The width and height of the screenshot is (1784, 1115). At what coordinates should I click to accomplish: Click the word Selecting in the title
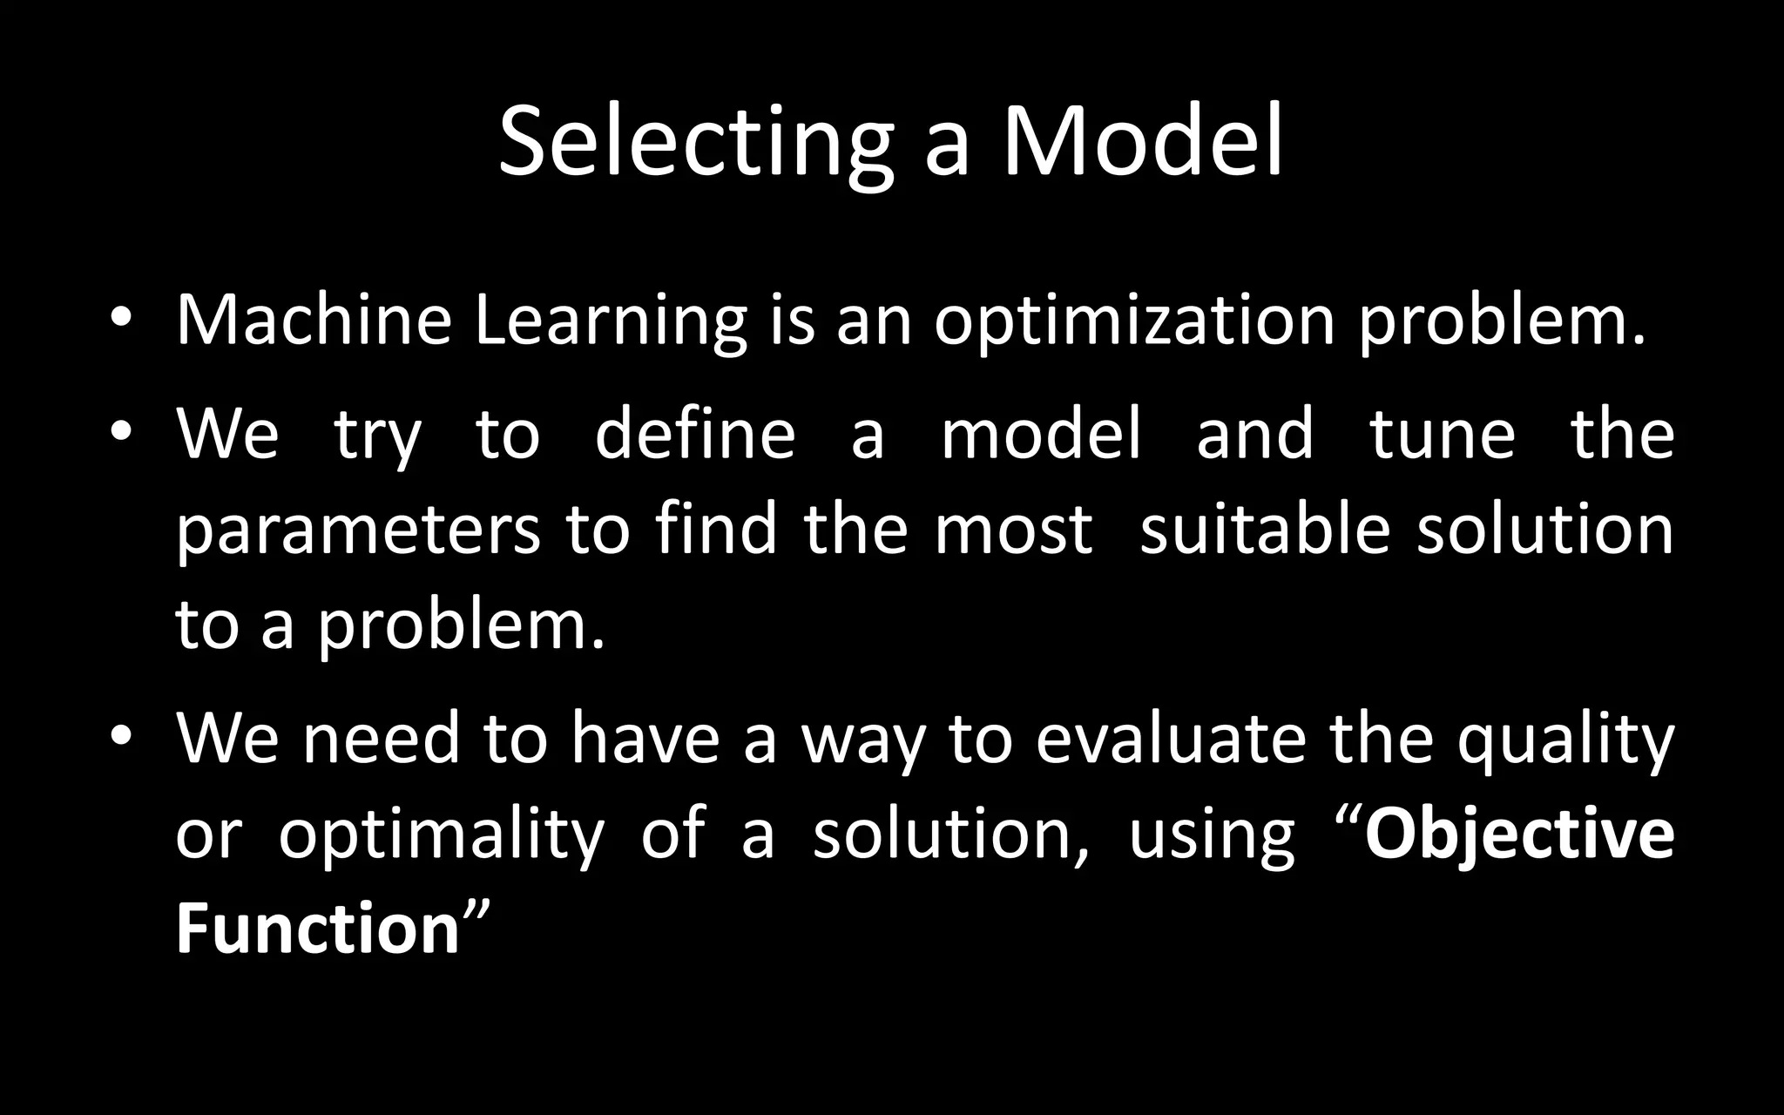pyautogui.click(x=695, y=144)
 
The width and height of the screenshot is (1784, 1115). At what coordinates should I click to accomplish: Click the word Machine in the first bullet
pyautogui.click(x=314, y=321)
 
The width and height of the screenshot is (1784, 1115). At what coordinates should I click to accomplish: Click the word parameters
pyautogui.click(x=358, y=531)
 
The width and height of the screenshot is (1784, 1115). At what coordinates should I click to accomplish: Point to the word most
pyautogui.click(x=1013, y=531)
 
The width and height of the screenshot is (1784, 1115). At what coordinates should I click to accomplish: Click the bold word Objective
pyautogui.click(x=1519, y=835)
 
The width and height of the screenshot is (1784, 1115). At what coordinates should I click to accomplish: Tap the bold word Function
pyautogui.click(x=318, y=929)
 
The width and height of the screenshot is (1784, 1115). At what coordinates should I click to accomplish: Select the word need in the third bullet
pyautogui.click(x=381, y=739)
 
